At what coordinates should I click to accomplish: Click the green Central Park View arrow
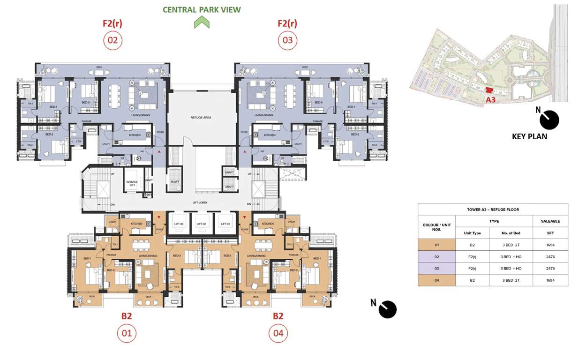202,22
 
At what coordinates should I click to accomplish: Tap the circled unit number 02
113,40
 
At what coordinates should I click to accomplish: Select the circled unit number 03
287,40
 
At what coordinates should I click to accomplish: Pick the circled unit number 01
127,334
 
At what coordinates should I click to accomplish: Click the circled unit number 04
278,334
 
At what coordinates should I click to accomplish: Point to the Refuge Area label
201,117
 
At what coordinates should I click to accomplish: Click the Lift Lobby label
200,202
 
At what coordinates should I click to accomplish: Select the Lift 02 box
202,224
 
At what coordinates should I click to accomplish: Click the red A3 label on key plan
490,100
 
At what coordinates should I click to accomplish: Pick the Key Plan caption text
529,137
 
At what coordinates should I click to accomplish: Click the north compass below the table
387,309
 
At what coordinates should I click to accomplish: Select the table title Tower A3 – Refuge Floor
493,210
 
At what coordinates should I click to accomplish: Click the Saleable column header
550,221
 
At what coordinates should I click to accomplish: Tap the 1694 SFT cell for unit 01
550,245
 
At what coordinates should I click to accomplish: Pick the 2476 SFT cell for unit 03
550,269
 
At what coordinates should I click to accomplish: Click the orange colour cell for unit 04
436,280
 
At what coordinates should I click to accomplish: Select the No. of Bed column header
511,233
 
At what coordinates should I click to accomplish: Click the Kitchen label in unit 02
135,135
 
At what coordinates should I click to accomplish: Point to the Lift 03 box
178,224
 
